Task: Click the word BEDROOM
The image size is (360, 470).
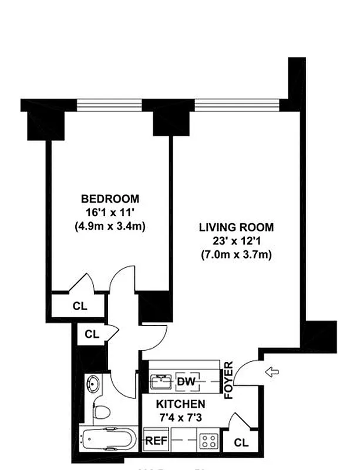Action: (x=110, y=198)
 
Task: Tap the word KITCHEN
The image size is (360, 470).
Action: (x=180, y=404)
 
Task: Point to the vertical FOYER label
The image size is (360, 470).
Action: (x=229, y=380)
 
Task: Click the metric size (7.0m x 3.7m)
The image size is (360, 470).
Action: (x=236, y=255)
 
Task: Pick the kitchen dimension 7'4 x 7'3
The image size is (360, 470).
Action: (x=180, y=418)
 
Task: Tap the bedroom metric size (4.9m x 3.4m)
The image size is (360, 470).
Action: (x=110, y=226)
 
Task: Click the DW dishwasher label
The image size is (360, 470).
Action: (x=185, y=382)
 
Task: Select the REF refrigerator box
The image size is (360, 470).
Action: (x=154, y=440)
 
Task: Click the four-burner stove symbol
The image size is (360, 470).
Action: (x=208, y=441)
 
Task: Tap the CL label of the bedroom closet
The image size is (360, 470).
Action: (x=79, y=305)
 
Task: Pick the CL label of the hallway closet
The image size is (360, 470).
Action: (x=91, y=334)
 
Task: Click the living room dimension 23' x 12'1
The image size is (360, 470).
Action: (x=236, y=241)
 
